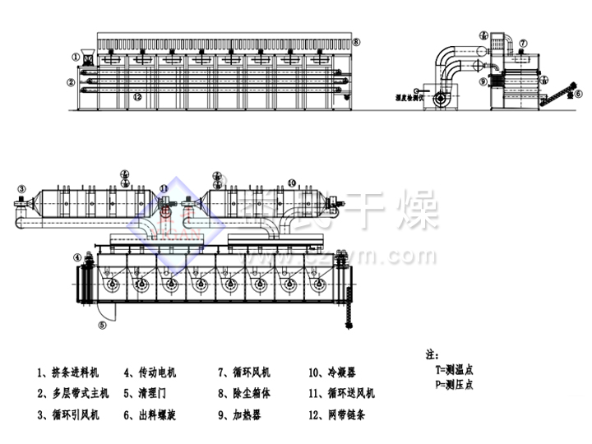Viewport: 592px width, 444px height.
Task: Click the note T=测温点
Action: [x=454, y=371]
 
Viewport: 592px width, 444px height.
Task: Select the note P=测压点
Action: [x=454, y=383]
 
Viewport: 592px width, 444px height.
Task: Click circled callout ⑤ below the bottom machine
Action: [x=103, y=326]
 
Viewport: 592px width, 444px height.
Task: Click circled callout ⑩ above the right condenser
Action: [x=291, y=182]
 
